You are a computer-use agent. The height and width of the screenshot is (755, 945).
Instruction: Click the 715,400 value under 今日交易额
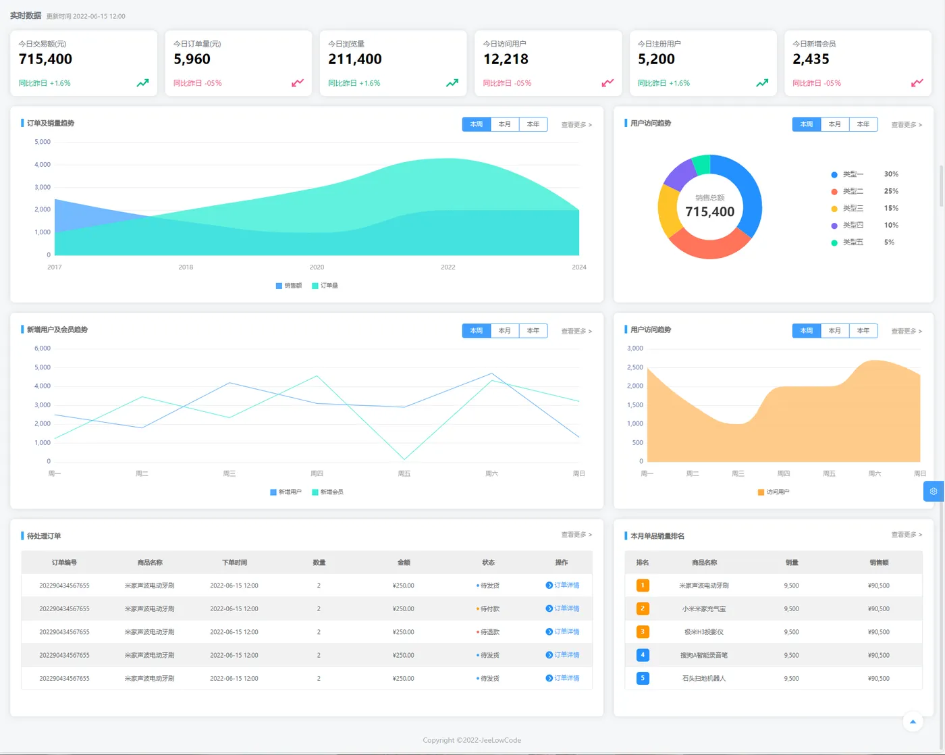45,59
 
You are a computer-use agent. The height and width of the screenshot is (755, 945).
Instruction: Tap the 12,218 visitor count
506,59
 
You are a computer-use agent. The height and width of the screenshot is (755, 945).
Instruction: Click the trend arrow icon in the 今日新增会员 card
917,83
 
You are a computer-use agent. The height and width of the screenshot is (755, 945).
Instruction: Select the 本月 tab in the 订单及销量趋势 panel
504,124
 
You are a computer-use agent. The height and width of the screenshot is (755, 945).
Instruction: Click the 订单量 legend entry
325,286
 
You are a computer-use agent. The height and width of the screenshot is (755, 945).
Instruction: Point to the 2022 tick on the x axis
448,267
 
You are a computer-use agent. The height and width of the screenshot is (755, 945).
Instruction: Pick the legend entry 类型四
853,226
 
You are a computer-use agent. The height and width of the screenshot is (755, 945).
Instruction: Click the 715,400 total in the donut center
709,212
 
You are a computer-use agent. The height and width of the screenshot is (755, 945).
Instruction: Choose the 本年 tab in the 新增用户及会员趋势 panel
533,331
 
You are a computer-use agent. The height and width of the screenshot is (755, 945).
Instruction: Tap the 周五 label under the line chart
404,474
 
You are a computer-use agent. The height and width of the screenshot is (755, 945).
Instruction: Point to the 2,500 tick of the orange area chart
634,367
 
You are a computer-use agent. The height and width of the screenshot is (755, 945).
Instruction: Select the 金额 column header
404,563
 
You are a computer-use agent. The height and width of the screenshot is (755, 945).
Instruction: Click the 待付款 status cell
489,609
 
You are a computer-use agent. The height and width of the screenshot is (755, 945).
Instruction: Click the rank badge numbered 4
643,655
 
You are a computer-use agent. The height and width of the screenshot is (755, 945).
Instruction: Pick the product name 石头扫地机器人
704,679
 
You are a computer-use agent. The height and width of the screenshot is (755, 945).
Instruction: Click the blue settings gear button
934,492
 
